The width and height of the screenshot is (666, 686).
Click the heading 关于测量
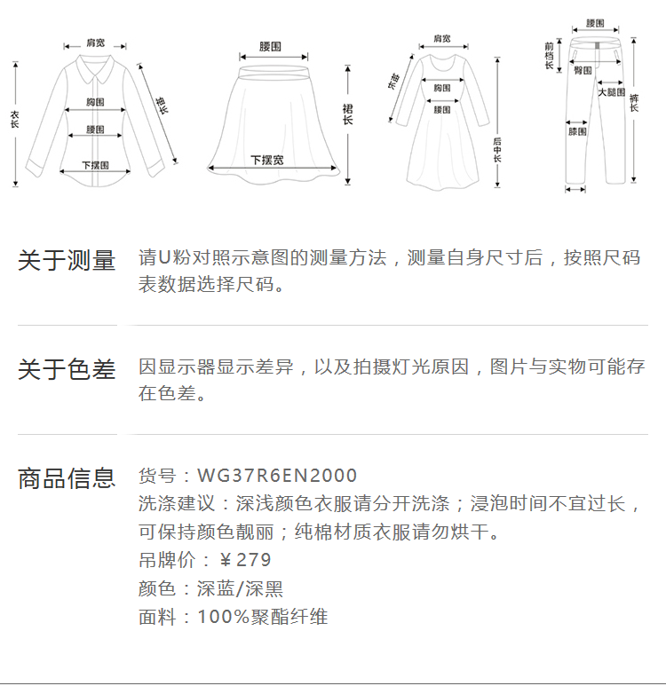pyautogui.click(x=67, y=261)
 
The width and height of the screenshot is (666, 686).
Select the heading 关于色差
pyautogui.click(x=67, y=369)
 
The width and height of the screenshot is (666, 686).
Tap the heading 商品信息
pyautogui.click(x=67, y=478)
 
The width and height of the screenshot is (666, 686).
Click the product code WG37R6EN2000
pyautogui.click(x=277, y=477)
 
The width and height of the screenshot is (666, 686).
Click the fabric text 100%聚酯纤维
pyautogui.click(x=263, y=617)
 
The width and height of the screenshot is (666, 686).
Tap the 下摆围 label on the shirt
pyautogui.click(x=95, y=164)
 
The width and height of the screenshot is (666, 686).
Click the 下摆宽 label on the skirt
pyautogui.click(x=267, y=160)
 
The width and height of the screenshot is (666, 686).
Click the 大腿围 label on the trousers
pyautogui.click(x=611, y=91)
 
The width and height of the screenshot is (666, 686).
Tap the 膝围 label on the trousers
pyautogui.click(x=577, y=131)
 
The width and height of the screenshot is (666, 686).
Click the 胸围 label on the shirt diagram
pyautogui.click(x=95, y=102)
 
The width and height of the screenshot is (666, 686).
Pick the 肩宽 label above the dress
pyautogui.click(x=441, y=38)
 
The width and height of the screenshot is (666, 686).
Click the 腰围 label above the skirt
pyautogui.click(x=271, y=45)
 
